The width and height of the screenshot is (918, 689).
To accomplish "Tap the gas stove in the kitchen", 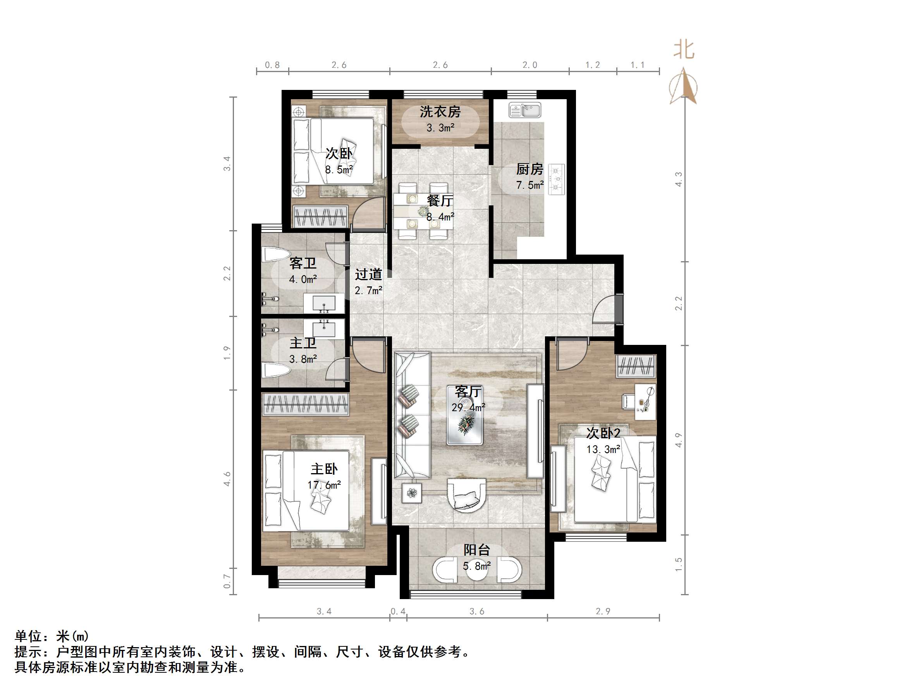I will [557, 179].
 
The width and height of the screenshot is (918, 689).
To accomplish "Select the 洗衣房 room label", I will [440, 112].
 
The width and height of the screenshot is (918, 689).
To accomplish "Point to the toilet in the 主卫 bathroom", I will [275, 369].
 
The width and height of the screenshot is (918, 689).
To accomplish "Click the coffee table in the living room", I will [465, 415].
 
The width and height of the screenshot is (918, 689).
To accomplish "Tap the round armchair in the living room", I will [466, 495].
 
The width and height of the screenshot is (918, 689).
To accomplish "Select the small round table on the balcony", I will [477, 570].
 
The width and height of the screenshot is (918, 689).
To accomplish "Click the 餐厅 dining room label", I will [440, 201].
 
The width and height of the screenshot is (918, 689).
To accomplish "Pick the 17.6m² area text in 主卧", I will [324, 485].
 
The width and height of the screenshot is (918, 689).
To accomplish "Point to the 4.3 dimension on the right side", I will [678, 179].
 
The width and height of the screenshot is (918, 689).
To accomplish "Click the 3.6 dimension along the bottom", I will [476, 611].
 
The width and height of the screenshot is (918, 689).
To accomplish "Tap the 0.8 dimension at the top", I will [272, 65].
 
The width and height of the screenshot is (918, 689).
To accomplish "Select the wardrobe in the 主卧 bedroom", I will [306, 404].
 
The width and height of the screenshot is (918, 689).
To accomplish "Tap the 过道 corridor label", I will [368, 274].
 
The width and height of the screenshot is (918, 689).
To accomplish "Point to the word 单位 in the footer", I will [28, 636].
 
